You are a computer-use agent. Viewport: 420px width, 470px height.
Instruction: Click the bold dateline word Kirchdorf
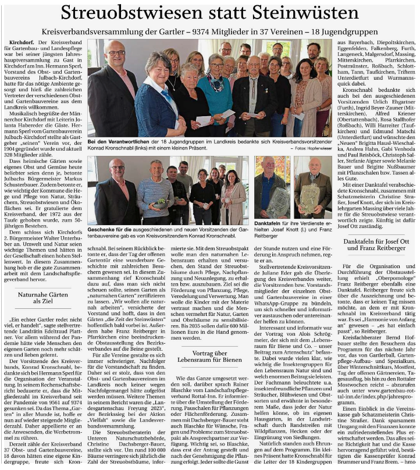[x=22, y=43]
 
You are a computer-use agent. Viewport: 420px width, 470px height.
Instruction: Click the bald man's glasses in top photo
[x=116, y=53]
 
